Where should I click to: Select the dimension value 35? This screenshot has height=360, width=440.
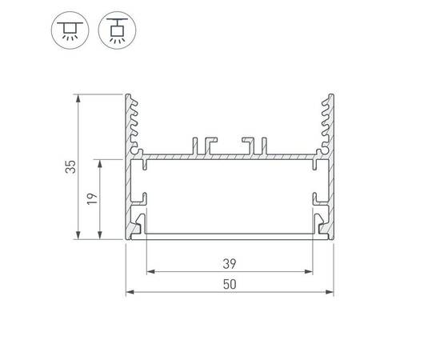70,167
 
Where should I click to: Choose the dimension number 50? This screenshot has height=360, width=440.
229,283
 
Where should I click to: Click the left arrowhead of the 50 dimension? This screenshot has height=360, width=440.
130,292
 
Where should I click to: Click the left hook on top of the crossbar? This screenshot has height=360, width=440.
205,142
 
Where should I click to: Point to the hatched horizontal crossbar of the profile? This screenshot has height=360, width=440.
229,154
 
